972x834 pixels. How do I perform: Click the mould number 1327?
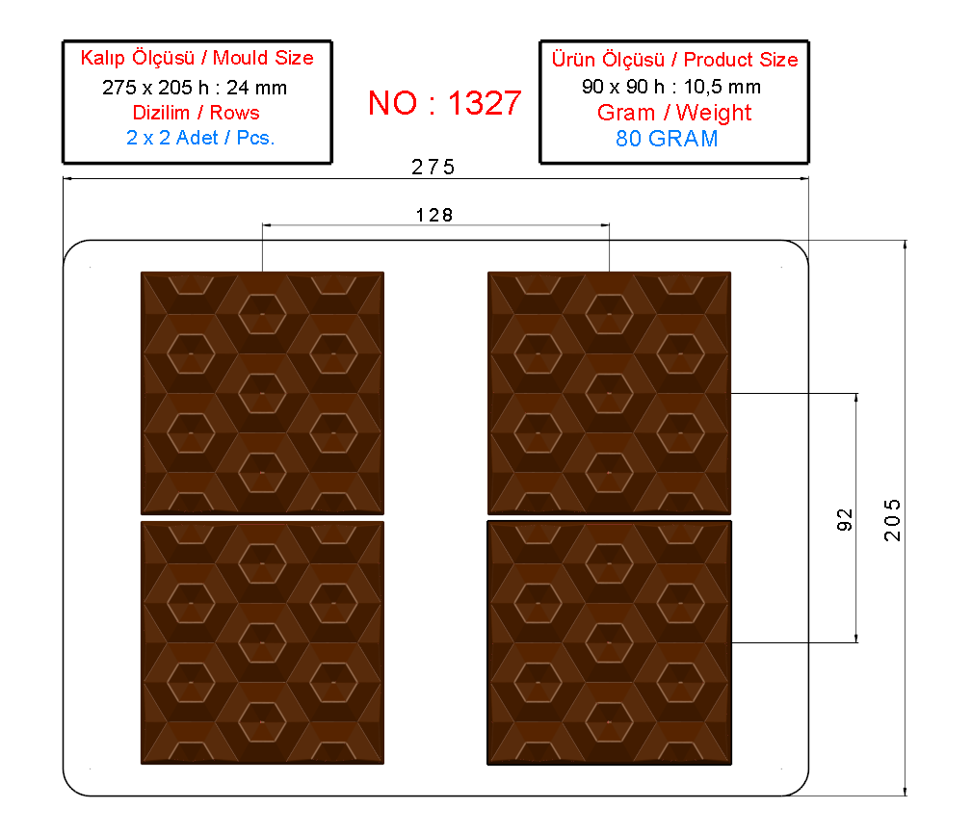click(485, 103)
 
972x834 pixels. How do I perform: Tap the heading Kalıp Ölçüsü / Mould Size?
click(197, 58)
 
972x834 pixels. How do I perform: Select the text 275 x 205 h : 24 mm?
click(195, 88)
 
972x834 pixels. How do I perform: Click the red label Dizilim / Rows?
click(196, 113)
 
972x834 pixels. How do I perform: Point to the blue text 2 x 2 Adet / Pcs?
click(200, 138)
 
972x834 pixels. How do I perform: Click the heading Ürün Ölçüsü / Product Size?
click(674, 60)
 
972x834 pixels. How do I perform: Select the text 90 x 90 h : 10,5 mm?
click(671, 87)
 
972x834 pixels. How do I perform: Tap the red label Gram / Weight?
click(673, 113)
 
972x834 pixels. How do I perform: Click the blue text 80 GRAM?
click(667, 138)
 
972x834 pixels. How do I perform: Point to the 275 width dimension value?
click(433, 167)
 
